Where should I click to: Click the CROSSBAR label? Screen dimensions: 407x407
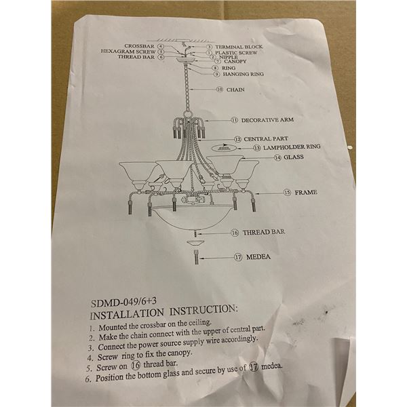[x=139, y=46]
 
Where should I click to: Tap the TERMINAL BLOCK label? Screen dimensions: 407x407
[x=239, y=47]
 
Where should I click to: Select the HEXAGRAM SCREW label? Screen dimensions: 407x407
[x=128, y=52]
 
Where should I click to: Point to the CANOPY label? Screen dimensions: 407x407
[x=235, y=62]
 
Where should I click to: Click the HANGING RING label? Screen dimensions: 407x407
[x=244, y=74]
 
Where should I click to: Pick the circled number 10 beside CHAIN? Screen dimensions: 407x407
[x=220, y=90]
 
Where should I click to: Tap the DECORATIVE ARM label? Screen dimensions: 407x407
[x=267, y=120]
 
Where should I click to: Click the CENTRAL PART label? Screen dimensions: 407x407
[x=265, y=139]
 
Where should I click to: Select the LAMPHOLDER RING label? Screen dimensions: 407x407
[x=292, y=147]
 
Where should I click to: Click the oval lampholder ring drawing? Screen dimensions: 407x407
[x=224, y=149]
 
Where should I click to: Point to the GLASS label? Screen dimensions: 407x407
[x=294, y=157]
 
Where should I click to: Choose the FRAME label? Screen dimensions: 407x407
[x=306, y=193]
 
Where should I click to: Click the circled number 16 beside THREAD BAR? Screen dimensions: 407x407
[x=235, y=233]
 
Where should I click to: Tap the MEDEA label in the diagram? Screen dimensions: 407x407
[x=258, y=257]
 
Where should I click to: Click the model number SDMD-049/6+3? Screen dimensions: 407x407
[x=124, y=302]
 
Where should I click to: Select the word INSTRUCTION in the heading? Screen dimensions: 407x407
[x=203, y=310]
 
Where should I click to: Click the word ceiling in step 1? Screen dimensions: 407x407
[x=200, y=323]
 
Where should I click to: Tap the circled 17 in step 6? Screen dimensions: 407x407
[x=254, y=367]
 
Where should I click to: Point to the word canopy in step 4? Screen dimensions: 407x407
[x=179, y=353]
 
